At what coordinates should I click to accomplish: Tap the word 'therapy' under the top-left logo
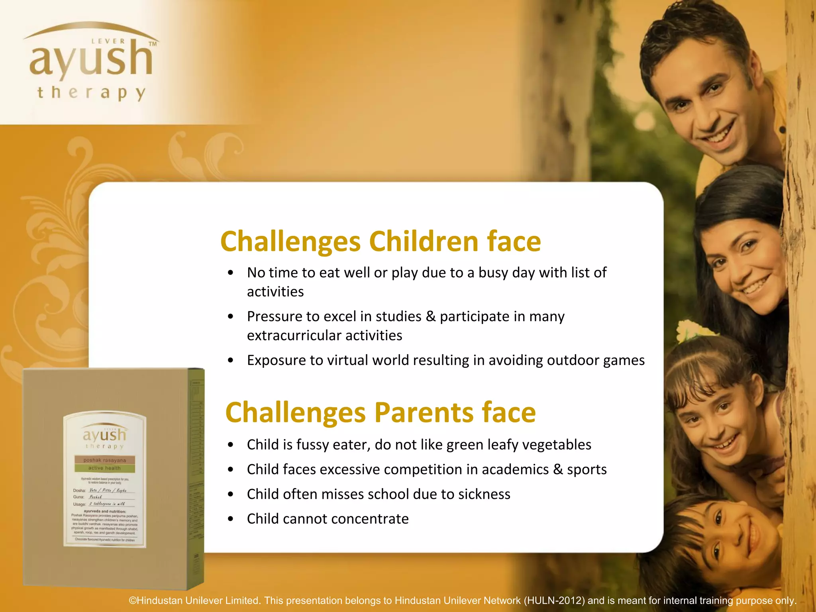(91, 93)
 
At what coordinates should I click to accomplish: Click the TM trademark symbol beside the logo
(153, 44)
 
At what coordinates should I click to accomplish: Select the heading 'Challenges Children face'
(381, 241)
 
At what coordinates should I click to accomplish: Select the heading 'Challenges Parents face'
(381, 412)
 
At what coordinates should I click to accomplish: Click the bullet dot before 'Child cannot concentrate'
(231, 519)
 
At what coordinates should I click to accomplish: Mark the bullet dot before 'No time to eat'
(231, 273)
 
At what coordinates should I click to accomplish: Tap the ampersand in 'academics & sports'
(558, 469)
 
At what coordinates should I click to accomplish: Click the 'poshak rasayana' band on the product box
(104, 460)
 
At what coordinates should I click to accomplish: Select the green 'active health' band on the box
(104, 468)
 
